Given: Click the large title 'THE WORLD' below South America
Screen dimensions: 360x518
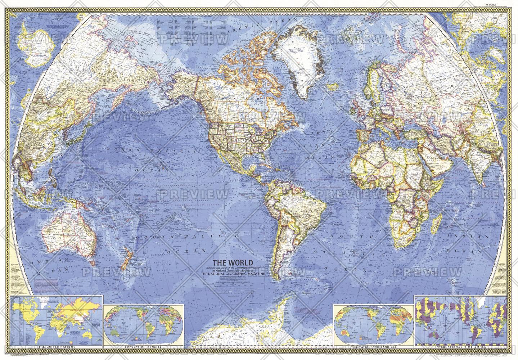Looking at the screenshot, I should [x=232, y=262].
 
